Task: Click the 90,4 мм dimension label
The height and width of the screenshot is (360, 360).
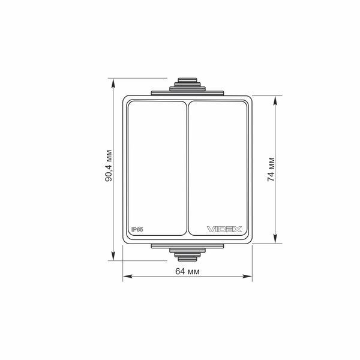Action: pyautogui.click(x=109, y=166)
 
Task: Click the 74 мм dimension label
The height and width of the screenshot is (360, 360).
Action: pyautogui.click(x=271, y=169)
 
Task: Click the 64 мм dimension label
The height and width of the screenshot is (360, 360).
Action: pyautogui.click(x=187, y=271)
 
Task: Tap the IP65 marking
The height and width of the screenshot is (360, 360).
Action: pyautogui.click(x=137, y=229)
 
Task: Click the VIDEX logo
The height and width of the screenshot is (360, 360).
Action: pyautogui.click(x=224, y=229)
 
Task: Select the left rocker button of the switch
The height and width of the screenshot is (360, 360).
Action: pyautogui.click(x=157, y=168)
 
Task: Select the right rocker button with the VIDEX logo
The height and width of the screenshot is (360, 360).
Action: pyautogui.click(x=218, y=168)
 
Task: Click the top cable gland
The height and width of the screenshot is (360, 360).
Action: pyautogui.click(x=187, y=87)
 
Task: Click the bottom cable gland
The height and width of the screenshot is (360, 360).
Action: pyautogui.click(x=187, y=253)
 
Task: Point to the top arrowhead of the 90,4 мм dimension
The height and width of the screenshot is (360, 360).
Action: pyautogui.click(x=113, y=83)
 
